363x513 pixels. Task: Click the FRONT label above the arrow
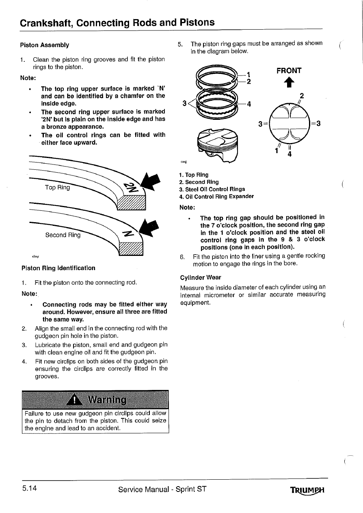289,71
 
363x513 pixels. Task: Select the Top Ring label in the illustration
57,187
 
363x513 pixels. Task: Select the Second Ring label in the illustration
63,235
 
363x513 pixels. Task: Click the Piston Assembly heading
45,45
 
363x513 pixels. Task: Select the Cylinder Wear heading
201,278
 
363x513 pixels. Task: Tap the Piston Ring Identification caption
58,268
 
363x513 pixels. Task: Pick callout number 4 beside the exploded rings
249,103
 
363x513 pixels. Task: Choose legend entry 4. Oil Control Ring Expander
216,197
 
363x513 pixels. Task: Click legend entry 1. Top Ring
194,175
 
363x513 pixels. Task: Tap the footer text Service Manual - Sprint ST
162,489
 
